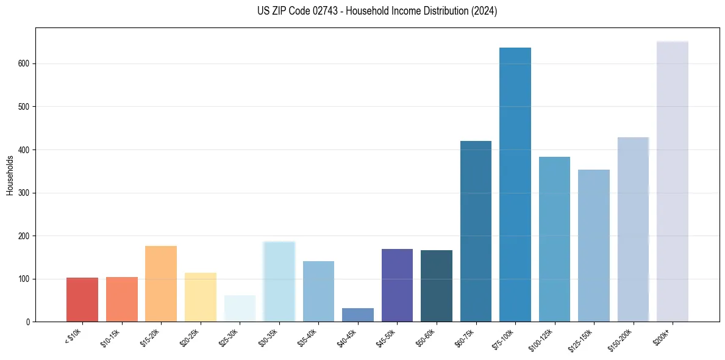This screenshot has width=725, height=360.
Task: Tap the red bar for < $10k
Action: [x=82, y=300]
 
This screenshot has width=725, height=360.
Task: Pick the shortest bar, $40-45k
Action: [x=358, y=315]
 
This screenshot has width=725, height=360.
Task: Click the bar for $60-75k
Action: [x=476, y=231]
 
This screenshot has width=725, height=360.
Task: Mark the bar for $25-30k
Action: [x=240, y=308]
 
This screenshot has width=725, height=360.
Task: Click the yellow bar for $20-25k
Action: [x=201, y=297]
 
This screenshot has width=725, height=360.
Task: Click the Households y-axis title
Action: [x=10, y=175]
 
